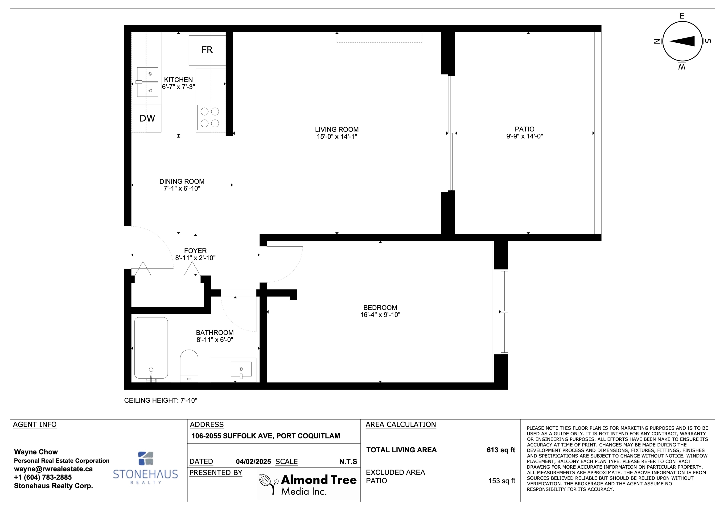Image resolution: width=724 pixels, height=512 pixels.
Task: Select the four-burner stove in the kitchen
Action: pos(210,118)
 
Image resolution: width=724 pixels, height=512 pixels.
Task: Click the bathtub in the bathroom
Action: pos(151,348)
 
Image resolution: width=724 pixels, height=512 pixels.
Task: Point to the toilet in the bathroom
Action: pos(189,366)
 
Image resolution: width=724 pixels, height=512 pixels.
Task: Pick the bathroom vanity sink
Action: pos(241,369)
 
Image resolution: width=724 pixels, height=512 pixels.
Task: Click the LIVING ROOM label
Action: pos(337,129)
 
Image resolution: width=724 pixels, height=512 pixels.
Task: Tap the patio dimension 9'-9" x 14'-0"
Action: pos(524,136)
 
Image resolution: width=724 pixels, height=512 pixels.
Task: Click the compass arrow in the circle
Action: pos(682,41)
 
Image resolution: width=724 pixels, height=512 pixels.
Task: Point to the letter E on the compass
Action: pos(682,16)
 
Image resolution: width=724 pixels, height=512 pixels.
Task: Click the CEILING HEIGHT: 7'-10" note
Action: pos(160,400)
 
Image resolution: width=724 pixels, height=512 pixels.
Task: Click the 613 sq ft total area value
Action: pos(501,450)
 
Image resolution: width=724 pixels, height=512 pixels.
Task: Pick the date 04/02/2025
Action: pos(253,462)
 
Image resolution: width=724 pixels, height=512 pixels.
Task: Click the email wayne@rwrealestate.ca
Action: pos(53,469)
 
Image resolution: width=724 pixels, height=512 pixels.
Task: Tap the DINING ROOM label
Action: pos(182,182)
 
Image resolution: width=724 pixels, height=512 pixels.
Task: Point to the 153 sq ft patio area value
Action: pos(502,481)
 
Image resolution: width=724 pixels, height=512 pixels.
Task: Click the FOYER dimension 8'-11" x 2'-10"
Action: pos(195,258)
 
